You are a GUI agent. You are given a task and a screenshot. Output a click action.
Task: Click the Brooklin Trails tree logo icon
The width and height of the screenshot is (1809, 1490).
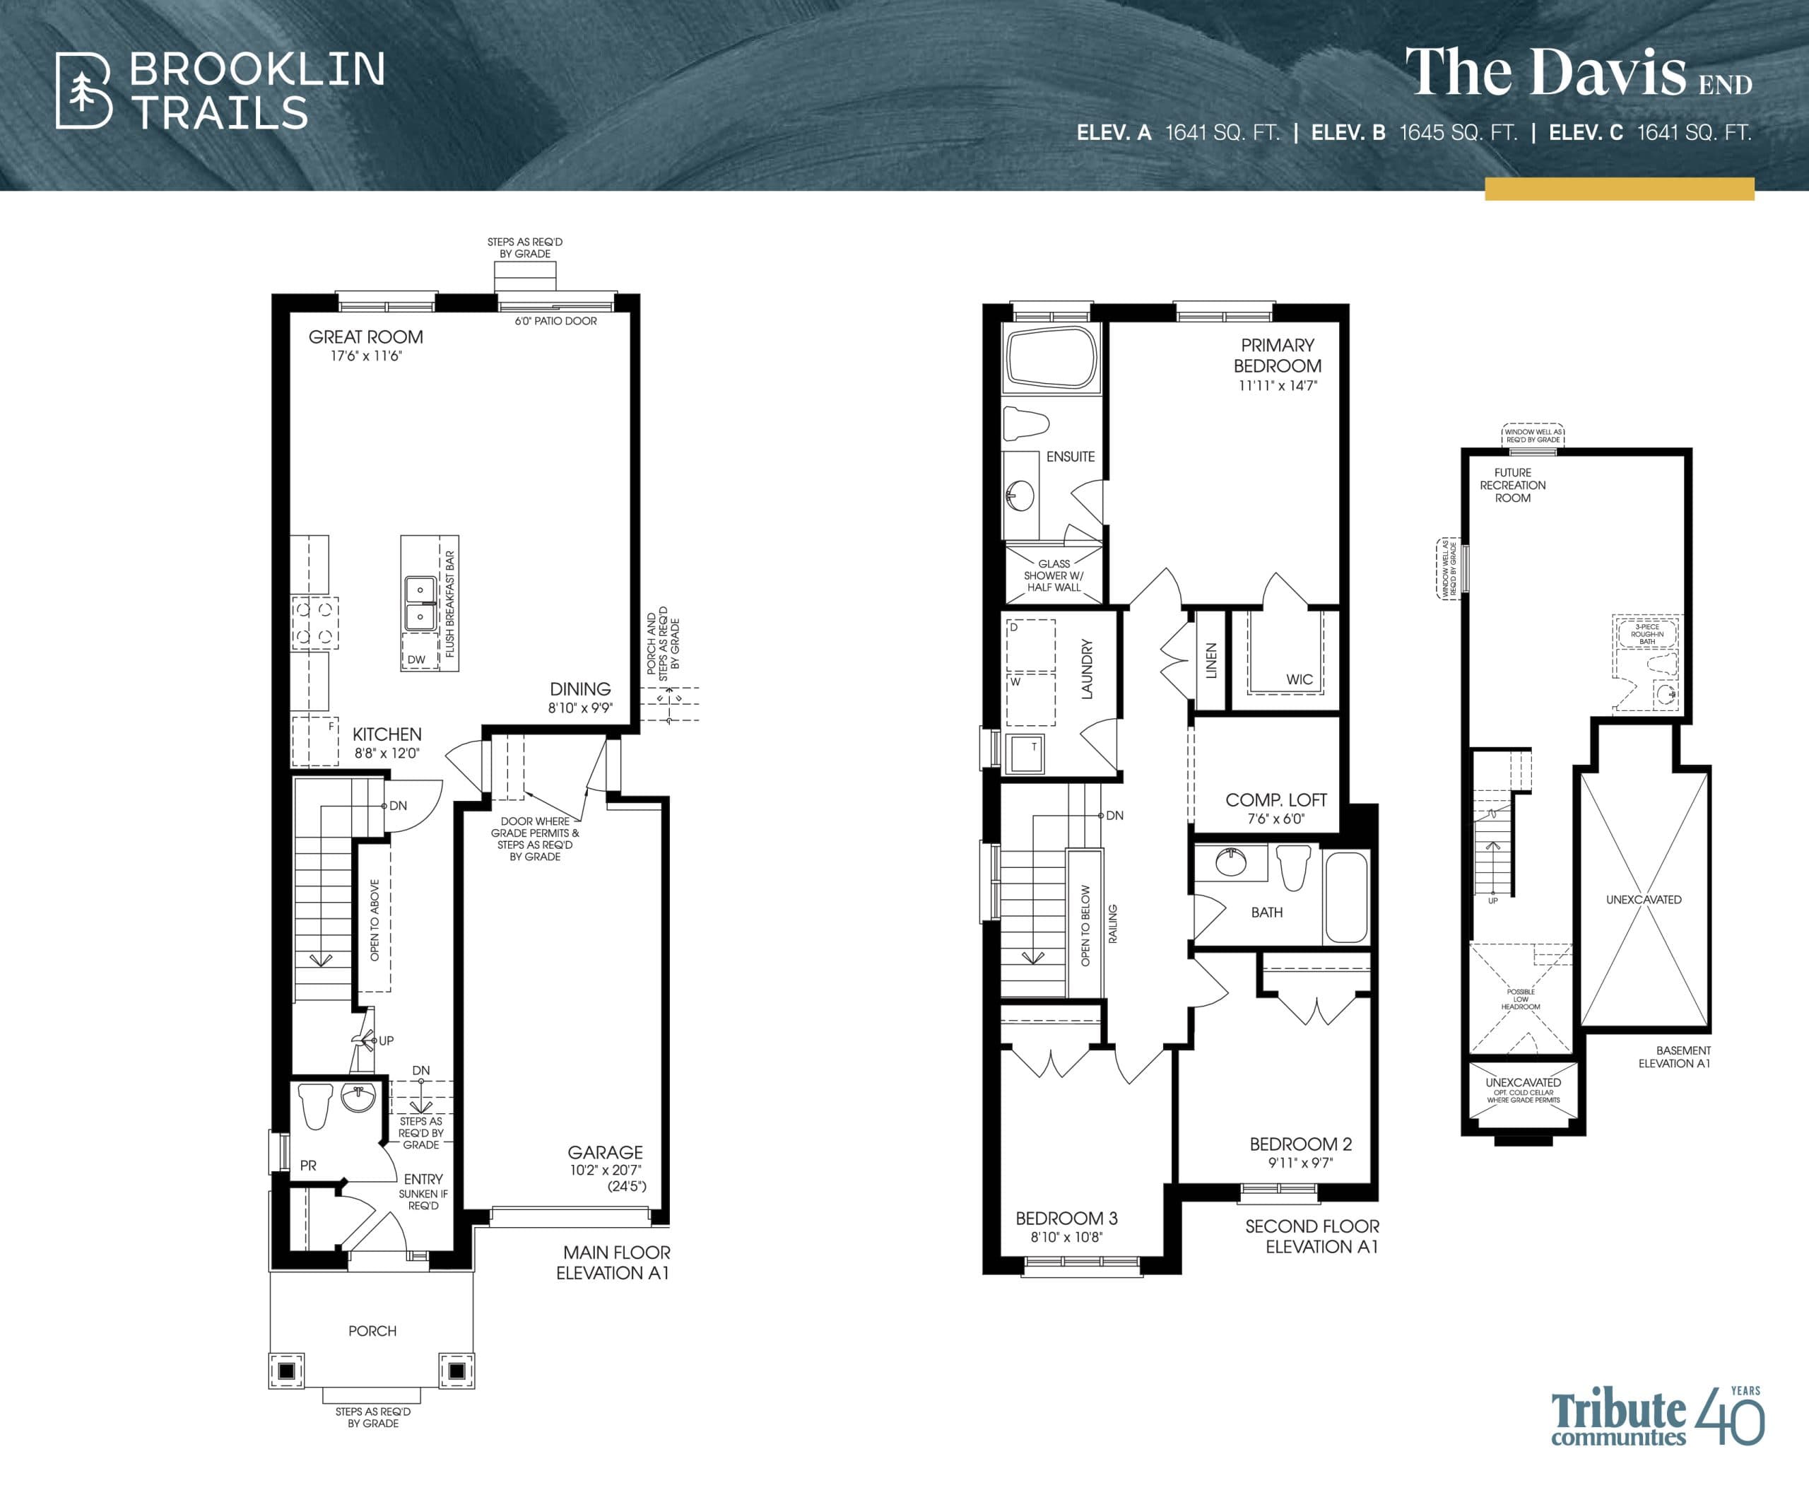click(83, 91)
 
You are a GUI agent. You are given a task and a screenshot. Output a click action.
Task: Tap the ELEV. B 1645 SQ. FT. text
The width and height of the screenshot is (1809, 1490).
click(1413, 133)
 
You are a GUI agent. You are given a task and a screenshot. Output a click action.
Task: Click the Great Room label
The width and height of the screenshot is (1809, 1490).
click(365, 337)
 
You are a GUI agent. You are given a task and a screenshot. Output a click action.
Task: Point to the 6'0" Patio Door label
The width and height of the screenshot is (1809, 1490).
click(555, 321)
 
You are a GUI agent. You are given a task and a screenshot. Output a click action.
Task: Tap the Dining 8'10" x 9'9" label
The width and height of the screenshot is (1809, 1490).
click(580, 697)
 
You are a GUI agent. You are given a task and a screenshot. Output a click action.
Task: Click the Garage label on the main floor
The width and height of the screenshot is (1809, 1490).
click(605, 1153)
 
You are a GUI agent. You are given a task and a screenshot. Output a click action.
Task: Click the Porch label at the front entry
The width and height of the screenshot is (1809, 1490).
click(372, 1330)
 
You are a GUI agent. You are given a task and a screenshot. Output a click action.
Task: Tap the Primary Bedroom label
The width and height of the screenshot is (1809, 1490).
click(1277, 356)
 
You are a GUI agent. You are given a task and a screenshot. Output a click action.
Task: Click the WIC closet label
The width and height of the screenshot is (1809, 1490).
click(1298, 679)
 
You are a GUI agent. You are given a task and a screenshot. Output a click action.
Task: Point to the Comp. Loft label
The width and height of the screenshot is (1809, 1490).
click(1275, 800)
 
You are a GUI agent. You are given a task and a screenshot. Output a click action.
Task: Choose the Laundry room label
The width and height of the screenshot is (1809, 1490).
click(1086, 669)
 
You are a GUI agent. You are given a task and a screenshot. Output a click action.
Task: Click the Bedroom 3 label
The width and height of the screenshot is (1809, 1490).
click(1066, 1218)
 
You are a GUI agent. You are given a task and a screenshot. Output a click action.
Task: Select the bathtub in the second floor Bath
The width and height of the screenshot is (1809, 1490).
click(1345, 898)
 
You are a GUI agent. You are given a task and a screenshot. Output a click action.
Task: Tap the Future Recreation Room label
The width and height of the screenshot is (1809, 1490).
click(1512, 485)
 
